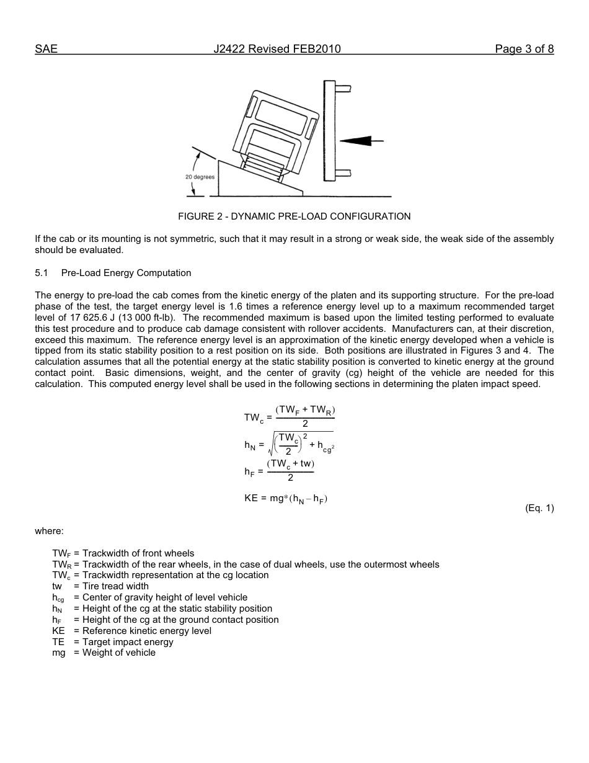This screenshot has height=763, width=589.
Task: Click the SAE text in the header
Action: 46,49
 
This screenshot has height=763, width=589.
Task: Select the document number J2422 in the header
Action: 229,49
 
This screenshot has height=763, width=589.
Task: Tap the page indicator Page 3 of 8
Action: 524,49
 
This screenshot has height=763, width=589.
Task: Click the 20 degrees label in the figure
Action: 200,177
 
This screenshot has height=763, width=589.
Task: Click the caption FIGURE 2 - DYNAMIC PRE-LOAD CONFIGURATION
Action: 294,216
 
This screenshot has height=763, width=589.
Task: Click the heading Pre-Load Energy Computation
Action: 126,273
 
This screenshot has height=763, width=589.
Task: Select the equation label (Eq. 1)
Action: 539,508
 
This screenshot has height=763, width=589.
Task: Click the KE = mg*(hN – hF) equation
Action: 286,498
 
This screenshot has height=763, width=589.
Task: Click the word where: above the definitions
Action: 49,531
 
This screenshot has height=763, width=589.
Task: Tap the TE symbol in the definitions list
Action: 58,642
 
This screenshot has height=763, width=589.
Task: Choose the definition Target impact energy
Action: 128,642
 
